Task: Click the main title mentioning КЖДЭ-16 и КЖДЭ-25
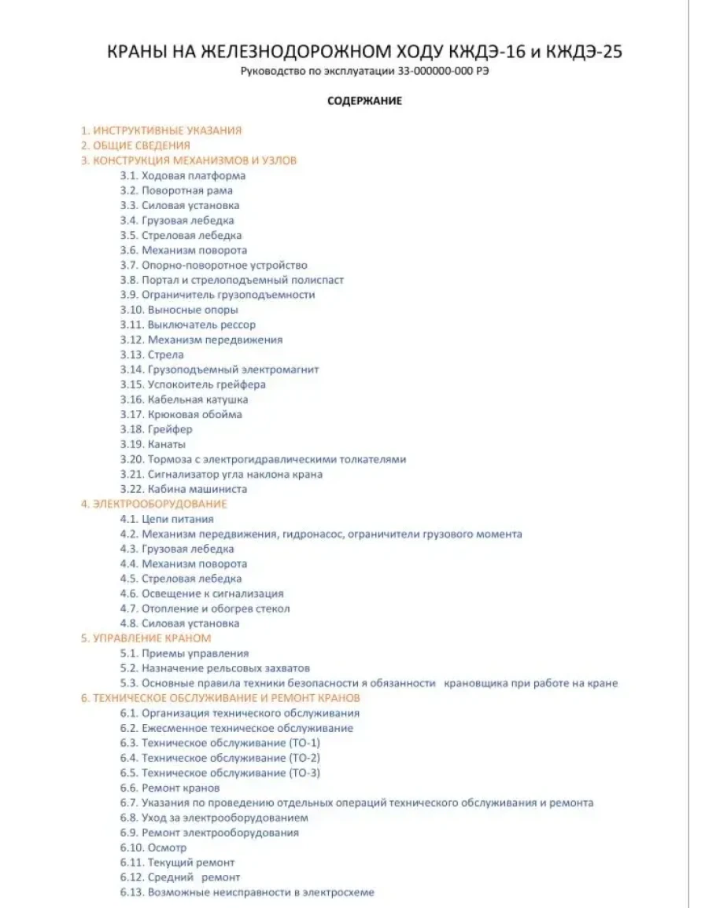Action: pos(364,52)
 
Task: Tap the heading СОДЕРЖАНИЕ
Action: pos(364,101)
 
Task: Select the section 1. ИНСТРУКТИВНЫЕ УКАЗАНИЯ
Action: pos(161,131)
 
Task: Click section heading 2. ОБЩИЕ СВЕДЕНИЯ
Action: pos(135,145)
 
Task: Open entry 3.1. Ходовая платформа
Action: pos(183,175)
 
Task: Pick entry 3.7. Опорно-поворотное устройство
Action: pos(213,265)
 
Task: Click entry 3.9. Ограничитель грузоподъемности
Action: pos(217,295)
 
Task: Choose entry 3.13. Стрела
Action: pos(152,355)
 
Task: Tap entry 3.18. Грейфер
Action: pos(156,429)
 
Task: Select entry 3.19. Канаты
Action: pos(153,444)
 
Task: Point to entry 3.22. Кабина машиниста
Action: pos(183,489)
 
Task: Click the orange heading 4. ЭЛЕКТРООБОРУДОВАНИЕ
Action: pos(153,504)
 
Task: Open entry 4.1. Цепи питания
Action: pos(167,519)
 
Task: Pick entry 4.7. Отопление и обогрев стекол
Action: pos(205,608)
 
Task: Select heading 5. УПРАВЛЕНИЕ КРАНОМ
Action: pos(146,638)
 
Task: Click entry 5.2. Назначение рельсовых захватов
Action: pos(215,668)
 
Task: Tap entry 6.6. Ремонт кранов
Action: pos(170,788)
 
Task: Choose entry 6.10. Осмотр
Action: pos(153,847)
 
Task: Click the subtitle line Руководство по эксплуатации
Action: pos(364,72)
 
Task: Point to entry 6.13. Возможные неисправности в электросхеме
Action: pos(247,892)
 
